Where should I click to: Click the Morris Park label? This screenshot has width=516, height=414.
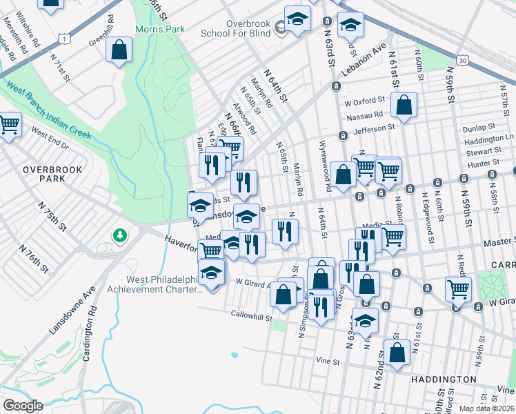(159, 29)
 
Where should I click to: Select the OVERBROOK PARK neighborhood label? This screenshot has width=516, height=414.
(52, 174)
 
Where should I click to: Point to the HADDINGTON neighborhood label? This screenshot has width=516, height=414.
(443, 379)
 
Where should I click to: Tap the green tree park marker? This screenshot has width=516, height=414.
(121, 236)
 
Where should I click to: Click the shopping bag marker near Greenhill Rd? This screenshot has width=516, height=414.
(119, 50)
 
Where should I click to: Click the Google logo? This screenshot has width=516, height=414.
(23, 406)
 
